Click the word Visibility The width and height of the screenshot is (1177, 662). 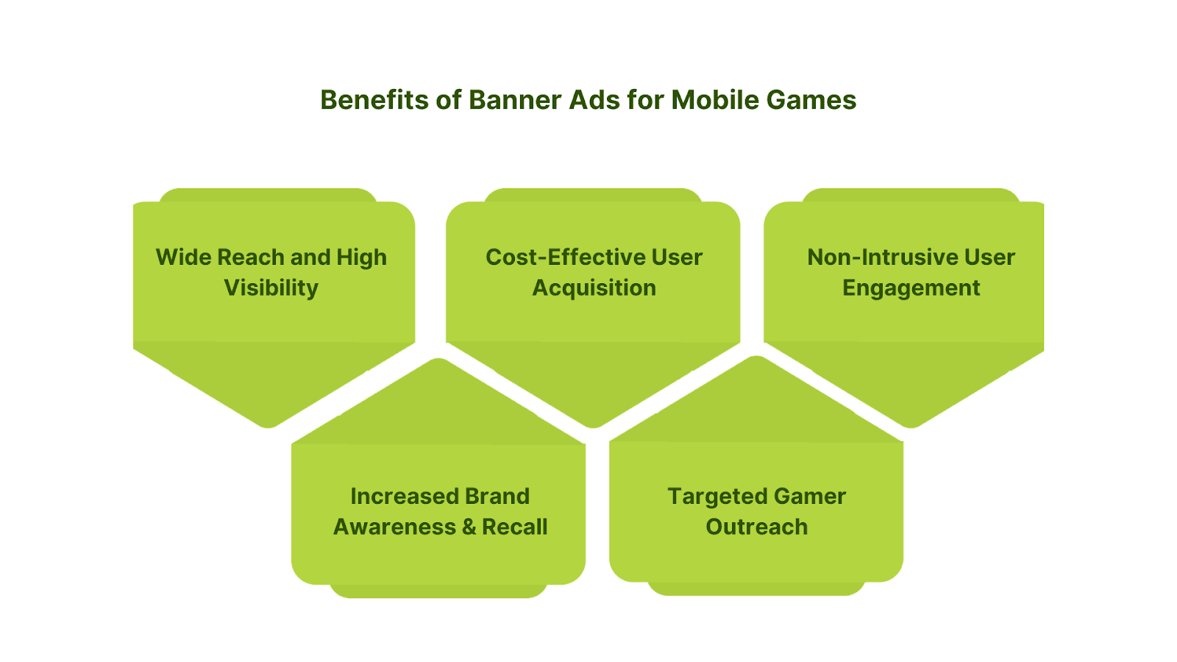271,288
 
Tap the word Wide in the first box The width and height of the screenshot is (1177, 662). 183,257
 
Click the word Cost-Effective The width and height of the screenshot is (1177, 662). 565,257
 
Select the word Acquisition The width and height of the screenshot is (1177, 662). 594,288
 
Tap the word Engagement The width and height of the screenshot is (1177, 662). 911,288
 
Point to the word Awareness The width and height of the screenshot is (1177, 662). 394,527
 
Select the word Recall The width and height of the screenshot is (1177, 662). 514,527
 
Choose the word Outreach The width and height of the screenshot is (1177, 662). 757,527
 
